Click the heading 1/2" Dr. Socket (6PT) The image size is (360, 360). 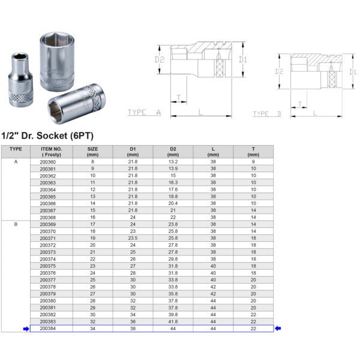click(47, 136)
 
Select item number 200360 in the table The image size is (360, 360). click(47, 162)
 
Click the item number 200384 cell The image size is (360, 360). click(47, 328)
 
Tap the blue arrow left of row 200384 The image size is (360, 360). click(25, 328)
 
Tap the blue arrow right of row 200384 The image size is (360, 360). click(277, 328)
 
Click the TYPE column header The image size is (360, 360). click(16, 149)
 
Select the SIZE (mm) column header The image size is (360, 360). click(92, 151)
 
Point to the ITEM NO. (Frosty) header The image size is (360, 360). click(51, 151)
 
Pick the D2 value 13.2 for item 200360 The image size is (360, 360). click(173, 162)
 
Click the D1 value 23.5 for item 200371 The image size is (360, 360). click(133, 238)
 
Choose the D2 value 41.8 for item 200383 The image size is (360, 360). click(173, 321)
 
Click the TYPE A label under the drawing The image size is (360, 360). click(144, 112)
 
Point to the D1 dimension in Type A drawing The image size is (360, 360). click(242, 59)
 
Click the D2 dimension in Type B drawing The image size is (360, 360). click(280, 71)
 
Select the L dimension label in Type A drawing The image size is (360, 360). click(200, 112)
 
